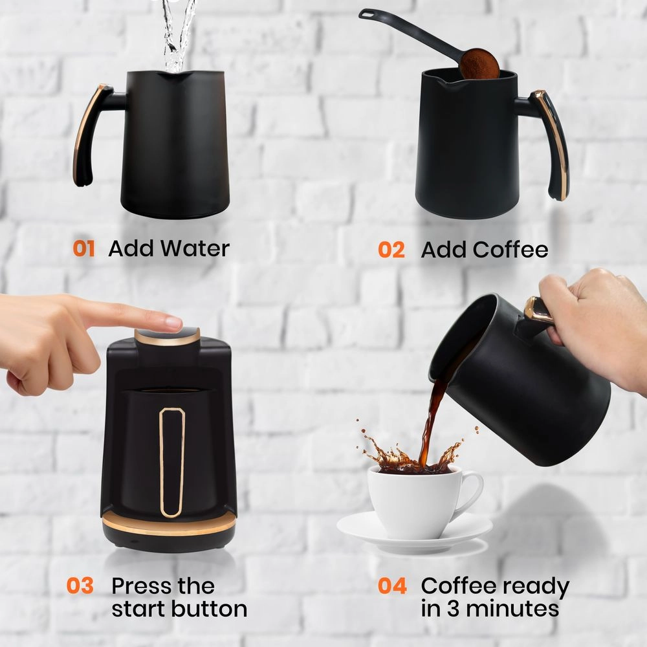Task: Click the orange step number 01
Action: click(83, 248)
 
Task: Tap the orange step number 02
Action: click(391, 250)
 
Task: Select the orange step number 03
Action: click(80, 586)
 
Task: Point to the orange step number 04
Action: click(393, 586)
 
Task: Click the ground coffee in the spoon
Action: click(479, 63)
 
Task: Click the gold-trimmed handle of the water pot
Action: click(87, 133)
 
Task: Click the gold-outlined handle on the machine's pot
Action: click(172, 462)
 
